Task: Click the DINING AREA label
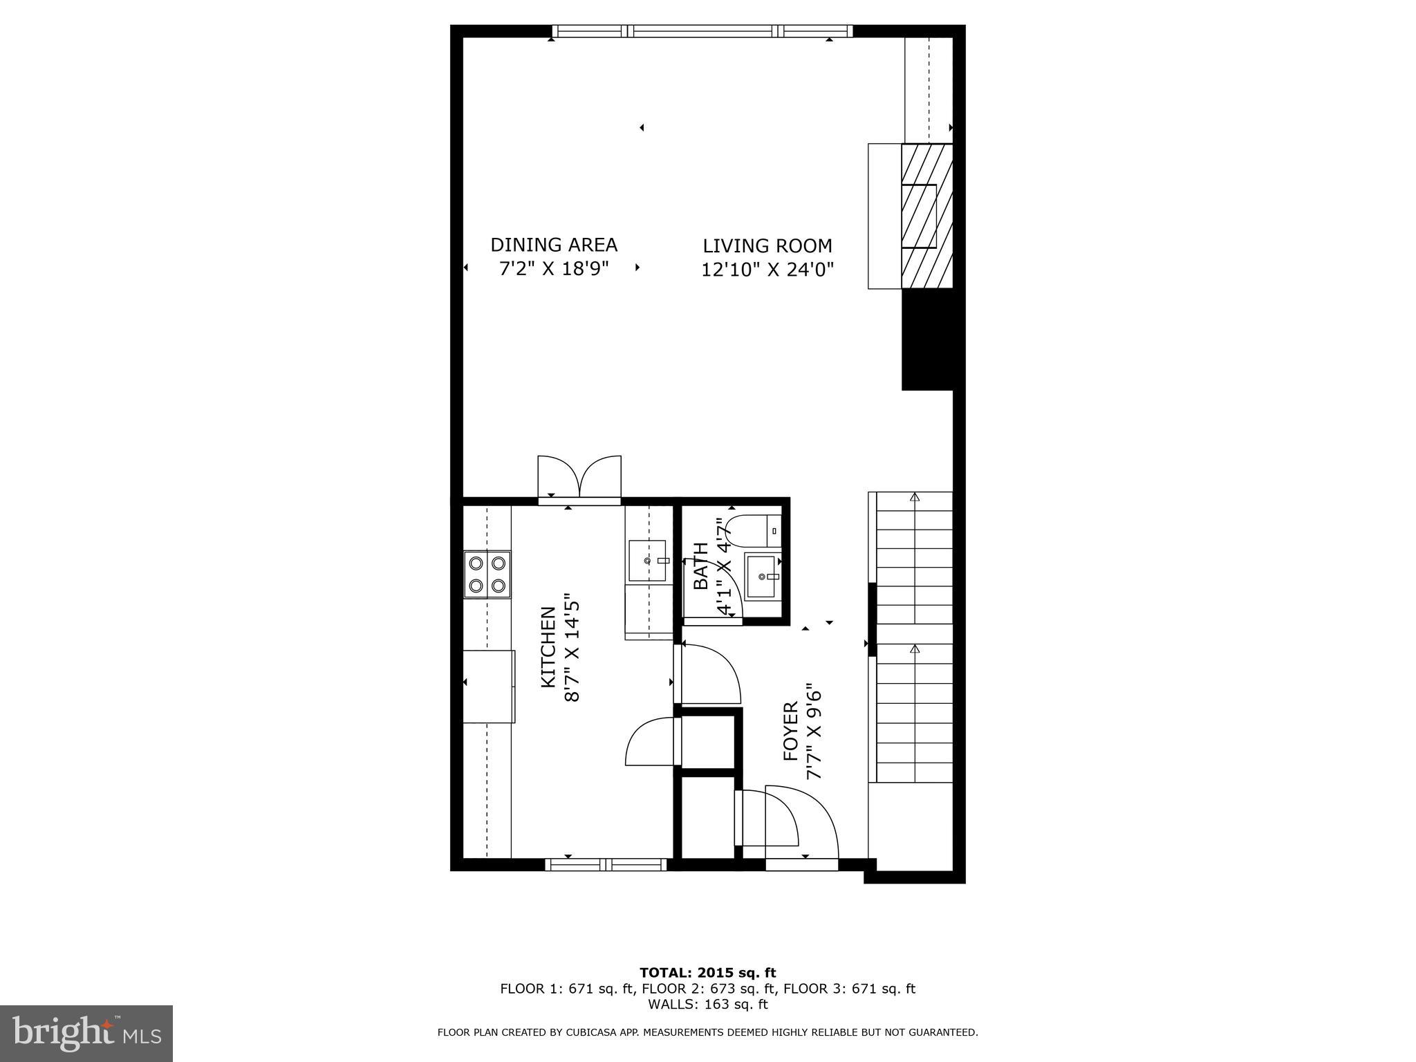[553, 245]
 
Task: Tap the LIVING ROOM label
[767, 246]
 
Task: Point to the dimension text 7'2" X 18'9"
[553, 268]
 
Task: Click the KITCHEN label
[548, 646]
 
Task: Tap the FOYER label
[791, 732]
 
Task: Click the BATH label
[701, 566]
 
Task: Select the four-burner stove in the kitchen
[487, 575]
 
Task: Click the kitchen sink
[647, 561]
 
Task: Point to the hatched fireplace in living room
[926, 216]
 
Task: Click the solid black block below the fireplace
[927, 339]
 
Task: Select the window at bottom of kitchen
[606, 864]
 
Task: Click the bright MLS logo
[86, 1034]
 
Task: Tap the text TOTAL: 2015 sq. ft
[707, 973]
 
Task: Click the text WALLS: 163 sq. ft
[707, 1005]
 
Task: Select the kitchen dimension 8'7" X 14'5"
[572, 646]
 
